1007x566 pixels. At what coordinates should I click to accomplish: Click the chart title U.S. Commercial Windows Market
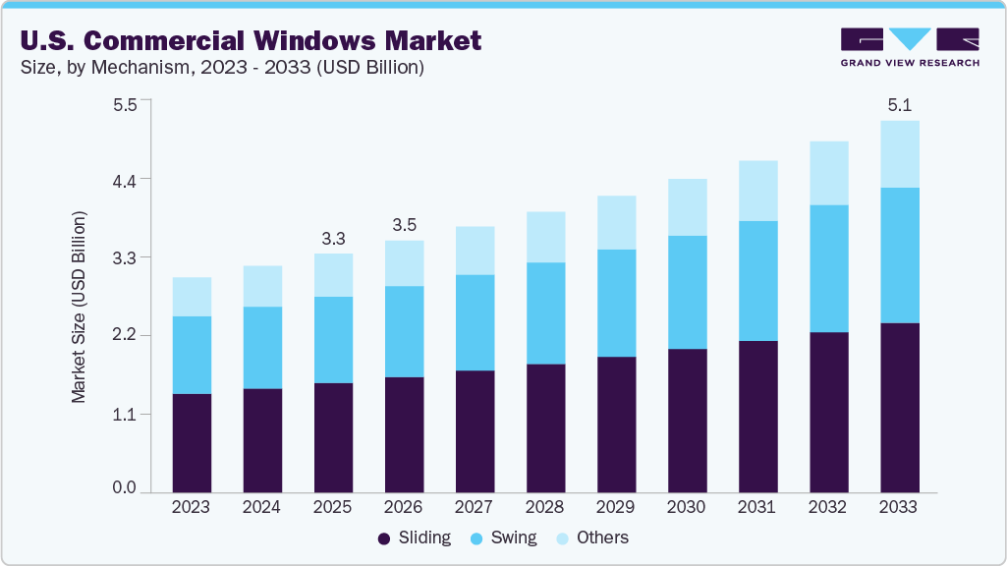pyautogui.click(x=251, y=40)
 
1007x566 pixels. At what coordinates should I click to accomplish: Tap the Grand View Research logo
pyautogui.click(x=910, y=47)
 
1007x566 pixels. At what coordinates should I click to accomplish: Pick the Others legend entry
pyautogui.click(x=591, y=538)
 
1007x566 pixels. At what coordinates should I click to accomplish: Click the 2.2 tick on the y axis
pyautogui.click(x=125, y=336)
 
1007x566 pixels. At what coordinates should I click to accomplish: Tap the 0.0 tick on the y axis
pyautogui.click(x=125, y=488)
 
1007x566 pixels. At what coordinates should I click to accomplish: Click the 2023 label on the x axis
pyautogui.click(x=192, y=508)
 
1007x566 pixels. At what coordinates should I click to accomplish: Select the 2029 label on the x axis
pyautogui.click(x=616, y=508)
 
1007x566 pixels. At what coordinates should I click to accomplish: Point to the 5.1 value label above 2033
pyautogui.click(x=899, y=105)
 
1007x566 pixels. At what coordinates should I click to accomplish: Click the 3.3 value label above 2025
pyautogui.click(x=333, y=239)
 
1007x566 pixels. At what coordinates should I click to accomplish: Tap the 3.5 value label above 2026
pyautogui.click(x=404, y=225)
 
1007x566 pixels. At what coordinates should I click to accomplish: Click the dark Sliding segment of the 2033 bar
pyautogui.click(x=899, y=407)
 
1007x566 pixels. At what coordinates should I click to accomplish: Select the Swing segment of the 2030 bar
pyautogui.click(x=687, y=292)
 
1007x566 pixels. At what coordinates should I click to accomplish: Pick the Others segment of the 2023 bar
pyautogui.click(x=192, y=297)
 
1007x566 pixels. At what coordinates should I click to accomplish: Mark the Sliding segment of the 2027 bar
pyautogui.click(x=475, y=430)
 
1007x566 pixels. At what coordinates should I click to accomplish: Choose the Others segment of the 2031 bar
pyautogui.click(x=757, y=191)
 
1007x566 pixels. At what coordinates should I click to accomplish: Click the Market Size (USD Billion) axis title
pyautogui.click(x=79, y=307)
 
